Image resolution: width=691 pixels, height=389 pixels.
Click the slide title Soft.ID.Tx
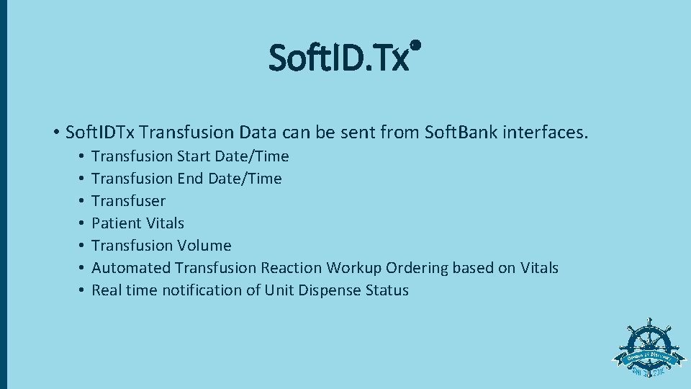(x=339, y=58)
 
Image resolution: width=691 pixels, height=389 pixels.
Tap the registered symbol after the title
(x=415, y=45)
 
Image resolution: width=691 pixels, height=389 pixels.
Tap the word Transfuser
(x=128, y=201)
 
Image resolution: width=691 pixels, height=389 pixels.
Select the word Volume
(x=204, y=246)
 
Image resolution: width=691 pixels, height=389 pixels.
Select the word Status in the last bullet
(x=387, y=290)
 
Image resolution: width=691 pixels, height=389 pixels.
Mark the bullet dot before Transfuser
(x=83, y=201)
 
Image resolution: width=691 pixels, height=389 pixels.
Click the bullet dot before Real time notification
(x=83, y=290)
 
